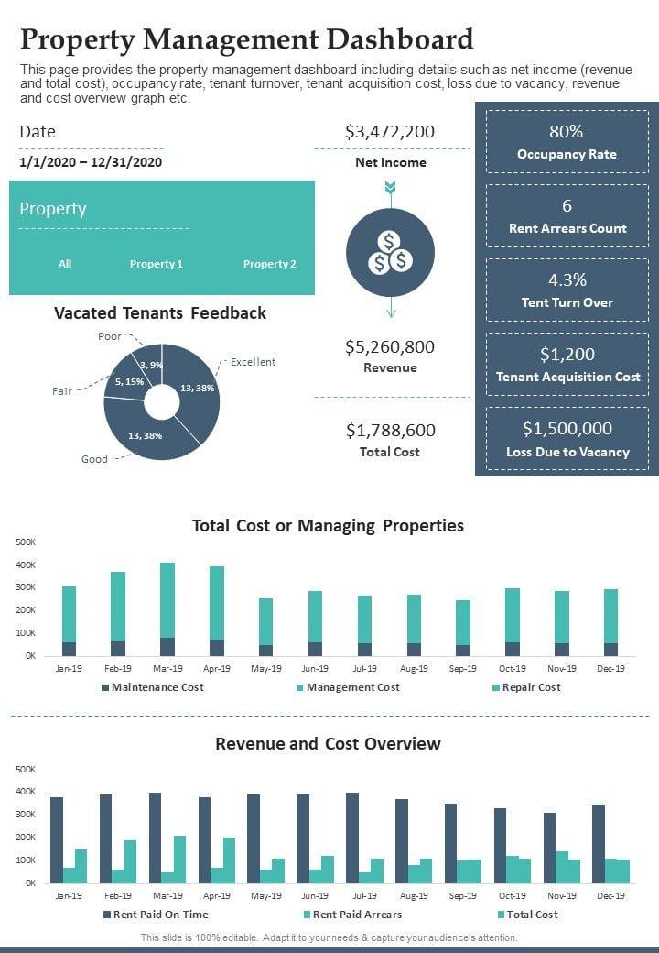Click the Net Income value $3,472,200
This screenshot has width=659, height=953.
[x=390, y=132]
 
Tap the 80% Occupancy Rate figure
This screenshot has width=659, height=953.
[x=567, y=132]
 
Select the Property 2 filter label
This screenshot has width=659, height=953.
[x=269, y=264]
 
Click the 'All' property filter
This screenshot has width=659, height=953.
[x=65, y=264]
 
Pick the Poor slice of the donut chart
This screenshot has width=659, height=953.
[x=149, y=360]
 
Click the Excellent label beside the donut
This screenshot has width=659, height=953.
[x=253, y=362]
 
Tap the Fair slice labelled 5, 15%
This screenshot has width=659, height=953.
[x=126, y=383]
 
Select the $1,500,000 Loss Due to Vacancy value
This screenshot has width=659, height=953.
[x=567, y=429]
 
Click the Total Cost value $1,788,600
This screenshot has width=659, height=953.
[x=390, y=431]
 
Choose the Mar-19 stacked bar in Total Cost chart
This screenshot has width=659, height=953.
[x=167, y=609]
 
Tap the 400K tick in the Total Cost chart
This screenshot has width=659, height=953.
[x=26, y=564]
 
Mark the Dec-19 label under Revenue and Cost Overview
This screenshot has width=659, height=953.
[x=610, y=895]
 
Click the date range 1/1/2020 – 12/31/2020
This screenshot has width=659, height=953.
[x=91, y=162]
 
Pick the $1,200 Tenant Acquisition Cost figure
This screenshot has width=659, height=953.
[x=567, y=355]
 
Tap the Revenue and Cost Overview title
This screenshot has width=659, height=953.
[x=328, y=743]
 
